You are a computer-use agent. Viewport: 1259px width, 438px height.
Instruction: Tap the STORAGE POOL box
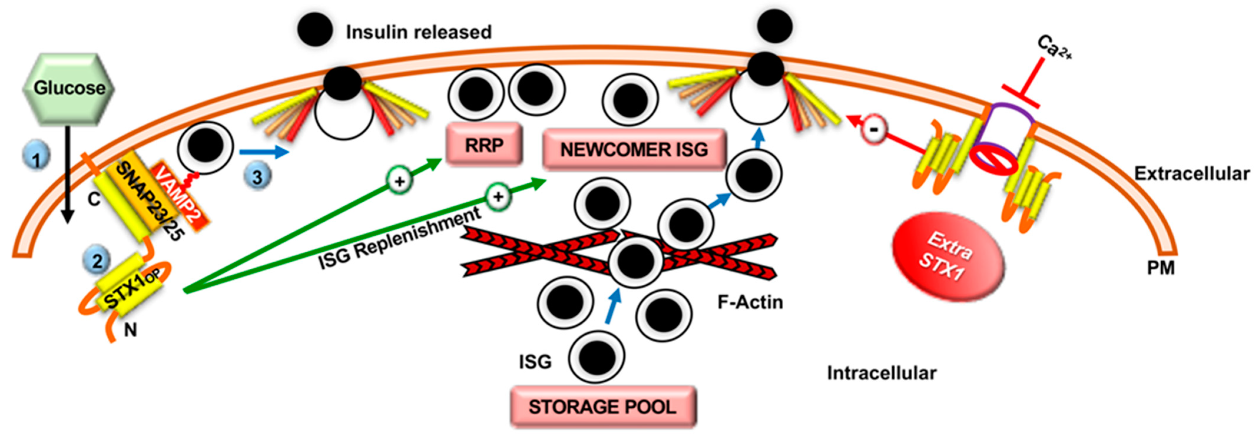click(x=603, y=407)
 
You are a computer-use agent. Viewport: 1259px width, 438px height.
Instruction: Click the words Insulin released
click(x=418, y=32)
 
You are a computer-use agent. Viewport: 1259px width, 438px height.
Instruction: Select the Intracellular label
click(x=881, y=373)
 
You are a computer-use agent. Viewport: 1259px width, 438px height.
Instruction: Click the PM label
click(x=1160, y=268)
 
